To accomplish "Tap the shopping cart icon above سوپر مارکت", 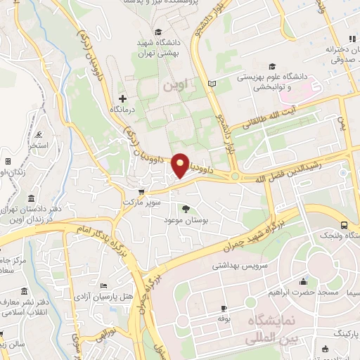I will [142, 191].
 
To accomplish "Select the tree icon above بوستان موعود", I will [186, 208].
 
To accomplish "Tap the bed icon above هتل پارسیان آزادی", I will [104, 286].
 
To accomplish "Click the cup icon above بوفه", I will [224, 308].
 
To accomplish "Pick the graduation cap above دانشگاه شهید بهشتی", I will [158, 32].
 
